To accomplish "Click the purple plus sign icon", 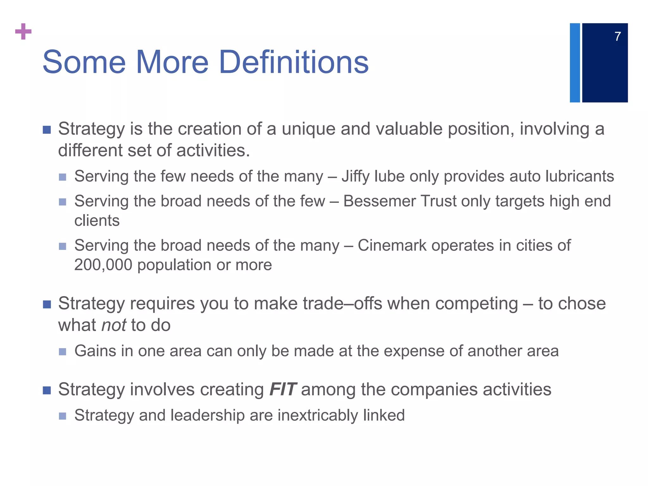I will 23,31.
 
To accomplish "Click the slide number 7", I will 618,37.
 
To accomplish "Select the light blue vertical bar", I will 575,63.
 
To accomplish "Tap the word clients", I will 97,221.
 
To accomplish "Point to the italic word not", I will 114,325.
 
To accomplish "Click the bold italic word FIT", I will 283,389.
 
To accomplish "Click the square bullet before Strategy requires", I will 47,304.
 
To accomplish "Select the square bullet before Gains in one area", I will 63,352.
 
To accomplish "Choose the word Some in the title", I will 84,62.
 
